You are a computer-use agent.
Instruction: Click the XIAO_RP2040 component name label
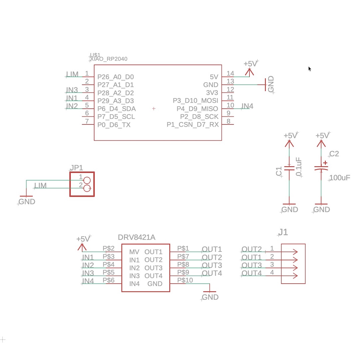pos(109,59)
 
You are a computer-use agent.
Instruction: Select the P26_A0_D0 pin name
pos(115,77)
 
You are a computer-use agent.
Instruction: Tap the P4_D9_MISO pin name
pos(197,109)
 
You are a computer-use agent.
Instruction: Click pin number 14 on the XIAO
pos(230,74)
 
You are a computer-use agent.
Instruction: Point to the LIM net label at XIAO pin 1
pos(72,74)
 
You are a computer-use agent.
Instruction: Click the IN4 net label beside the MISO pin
pos(247,106)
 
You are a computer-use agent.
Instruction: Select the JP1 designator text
pos(76,168)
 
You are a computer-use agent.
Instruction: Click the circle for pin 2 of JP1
pos(87,188)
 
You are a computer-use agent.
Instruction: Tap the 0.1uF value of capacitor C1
pos(299,167)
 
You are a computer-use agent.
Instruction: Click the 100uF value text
pos(340,178)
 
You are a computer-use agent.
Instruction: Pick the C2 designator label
pos(334,154)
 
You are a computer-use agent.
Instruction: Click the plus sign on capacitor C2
pos(325,163)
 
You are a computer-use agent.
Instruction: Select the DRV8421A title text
pos(137,237)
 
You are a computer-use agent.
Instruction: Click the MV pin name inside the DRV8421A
pos(134,252)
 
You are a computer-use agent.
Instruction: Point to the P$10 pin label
pos(185,280)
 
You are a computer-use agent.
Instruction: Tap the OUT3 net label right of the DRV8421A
pos(212,265)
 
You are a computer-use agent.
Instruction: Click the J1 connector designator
pos(283,232)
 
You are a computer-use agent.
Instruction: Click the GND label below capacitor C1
pos(290,209)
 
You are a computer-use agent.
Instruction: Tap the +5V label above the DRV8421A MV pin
pos(83,239)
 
